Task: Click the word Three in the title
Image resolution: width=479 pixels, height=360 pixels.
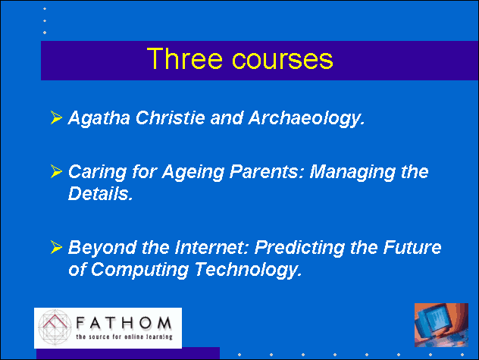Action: click(184, 58)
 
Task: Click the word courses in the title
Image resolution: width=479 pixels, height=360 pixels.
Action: click(283, 59)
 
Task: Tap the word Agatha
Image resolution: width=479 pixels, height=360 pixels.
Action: click(99, 118)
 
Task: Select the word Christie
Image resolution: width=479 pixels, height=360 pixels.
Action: click(170, 117)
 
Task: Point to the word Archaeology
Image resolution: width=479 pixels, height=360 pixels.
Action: click(306, 118)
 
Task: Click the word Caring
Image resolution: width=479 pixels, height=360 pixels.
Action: click(97, 172)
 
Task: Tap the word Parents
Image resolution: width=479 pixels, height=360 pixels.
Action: click(267, 171)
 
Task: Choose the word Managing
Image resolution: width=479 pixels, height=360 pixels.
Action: click(352, 172)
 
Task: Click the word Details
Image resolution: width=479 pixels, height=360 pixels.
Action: click(101, 193)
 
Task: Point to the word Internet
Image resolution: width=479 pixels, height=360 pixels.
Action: click(211, 247)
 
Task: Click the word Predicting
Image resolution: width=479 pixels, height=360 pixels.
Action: click(299, 248)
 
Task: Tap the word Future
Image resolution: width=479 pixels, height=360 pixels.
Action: click(412, 247)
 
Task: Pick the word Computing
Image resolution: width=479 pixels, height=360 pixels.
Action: click(140, 270)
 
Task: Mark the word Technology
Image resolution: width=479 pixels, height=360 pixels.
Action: click(249, 270)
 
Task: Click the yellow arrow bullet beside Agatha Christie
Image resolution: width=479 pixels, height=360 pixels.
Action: click(56, 117)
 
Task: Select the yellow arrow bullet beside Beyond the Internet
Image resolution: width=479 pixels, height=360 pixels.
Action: click(56, 247)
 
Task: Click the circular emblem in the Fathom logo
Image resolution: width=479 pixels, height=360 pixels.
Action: click(55, 327)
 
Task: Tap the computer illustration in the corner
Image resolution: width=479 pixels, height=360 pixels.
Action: click(441, 325)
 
